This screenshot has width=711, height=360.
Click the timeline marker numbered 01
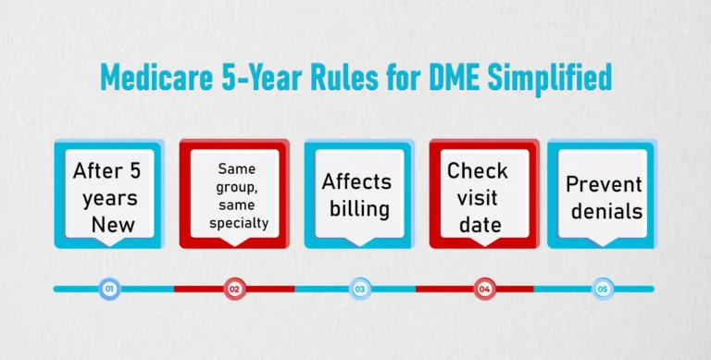pyautogui.click(x=109, y=289)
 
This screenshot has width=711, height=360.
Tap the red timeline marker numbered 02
pyautogui.click(x=234, y=289)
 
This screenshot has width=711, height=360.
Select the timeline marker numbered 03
pyautogui.click(x=359, y=289)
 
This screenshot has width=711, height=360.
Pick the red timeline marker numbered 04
pyautogui.click(x=484, y=289)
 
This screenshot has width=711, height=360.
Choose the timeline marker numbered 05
pyautogui.click(x=603, y=289)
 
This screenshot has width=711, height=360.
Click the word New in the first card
pyautogui.click(x=112, y=224)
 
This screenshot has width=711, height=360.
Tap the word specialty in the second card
pyautogui.click(x=236, y=223)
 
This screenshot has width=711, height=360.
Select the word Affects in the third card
pyautogui.click(x=356, y=181)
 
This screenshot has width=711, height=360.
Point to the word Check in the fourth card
pyautogui.click(x=478, y=171)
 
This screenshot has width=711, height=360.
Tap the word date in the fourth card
pyautogui.click(x=478, y=225)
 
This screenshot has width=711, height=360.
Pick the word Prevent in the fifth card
pyautogui.click(x=604, y=184)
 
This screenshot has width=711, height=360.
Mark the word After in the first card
pyautogui.click(x=98, y=171)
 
